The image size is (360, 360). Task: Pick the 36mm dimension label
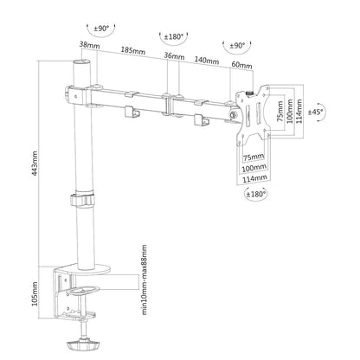pos(173,57)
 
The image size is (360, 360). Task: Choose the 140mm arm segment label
pos(205,61)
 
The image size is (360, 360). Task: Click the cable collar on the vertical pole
pos(82,201)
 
